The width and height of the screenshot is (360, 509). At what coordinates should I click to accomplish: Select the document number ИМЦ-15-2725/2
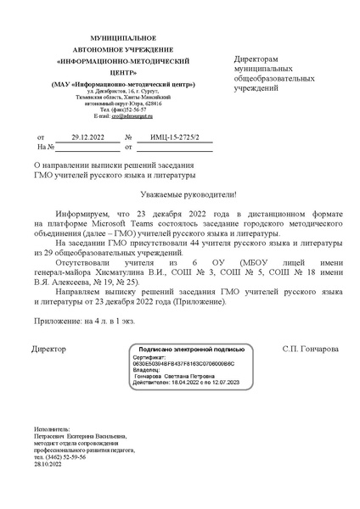[167, 136]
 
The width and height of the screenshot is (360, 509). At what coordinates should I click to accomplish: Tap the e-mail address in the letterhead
[127, 115]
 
